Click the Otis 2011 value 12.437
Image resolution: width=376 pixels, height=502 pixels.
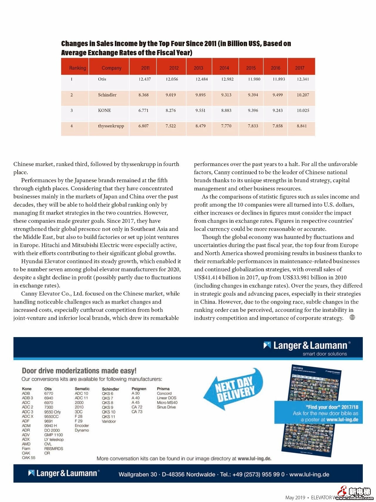(x=145, y=79)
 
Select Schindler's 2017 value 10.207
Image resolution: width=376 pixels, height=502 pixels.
(x=303, y=95)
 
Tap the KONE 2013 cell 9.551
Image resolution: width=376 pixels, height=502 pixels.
(x=200, y=111)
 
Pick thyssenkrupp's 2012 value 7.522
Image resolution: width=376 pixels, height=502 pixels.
(x=170, y=126)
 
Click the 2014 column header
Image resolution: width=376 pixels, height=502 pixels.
(x=224, y=68)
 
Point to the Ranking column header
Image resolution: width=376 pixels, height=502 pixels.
(x=78, y=68)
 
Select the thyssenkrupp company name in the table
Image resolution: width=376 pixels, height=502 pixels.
(x=111, y=126)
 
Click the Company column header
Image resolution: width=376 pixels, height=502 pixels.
(x=111, y=68)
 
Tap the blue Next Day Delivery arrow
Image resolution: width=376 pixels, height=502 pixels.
(x=234, y=388)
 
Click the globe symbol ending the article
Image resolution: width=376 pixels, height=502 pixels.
(x=352, y=317)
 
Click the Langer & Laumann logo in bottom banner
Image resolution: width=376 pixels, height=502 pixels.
(x=64, y=473)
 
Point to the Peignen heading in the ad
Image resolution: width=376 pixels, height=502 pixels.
(x=139, y=389)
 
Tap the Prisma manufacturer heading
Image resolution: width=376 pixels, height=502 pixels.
(x=163, y=389)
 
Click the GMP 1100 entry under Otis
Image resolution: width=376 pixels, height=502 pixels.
(x=53, y=435)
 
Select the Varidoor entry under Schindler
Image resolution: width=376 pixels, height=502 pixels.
(x=109, y=421)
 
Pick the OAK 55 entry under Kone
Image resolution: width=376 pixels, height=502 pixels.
(x=28, y=458)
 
